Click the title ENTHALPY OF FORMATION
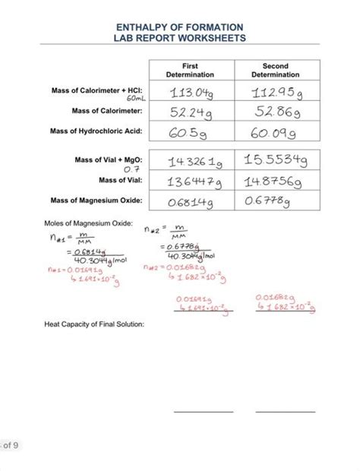pyautogui.click(x=180, y=26)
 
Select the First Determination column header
pyautogui.click(x=190, y=71)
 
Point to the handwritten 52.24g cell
pyautogui.click(x=188, y=112)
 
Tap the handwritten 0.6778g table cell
pyautogui.click(x=270, y=201)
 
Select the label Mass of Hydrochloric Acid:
pyautogui.click(x=96, y=131)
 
